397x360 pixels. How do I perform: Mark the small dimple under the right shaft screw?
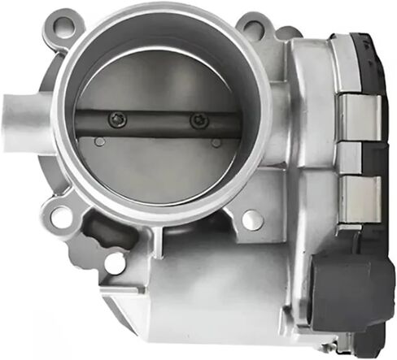coord(216,143)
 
